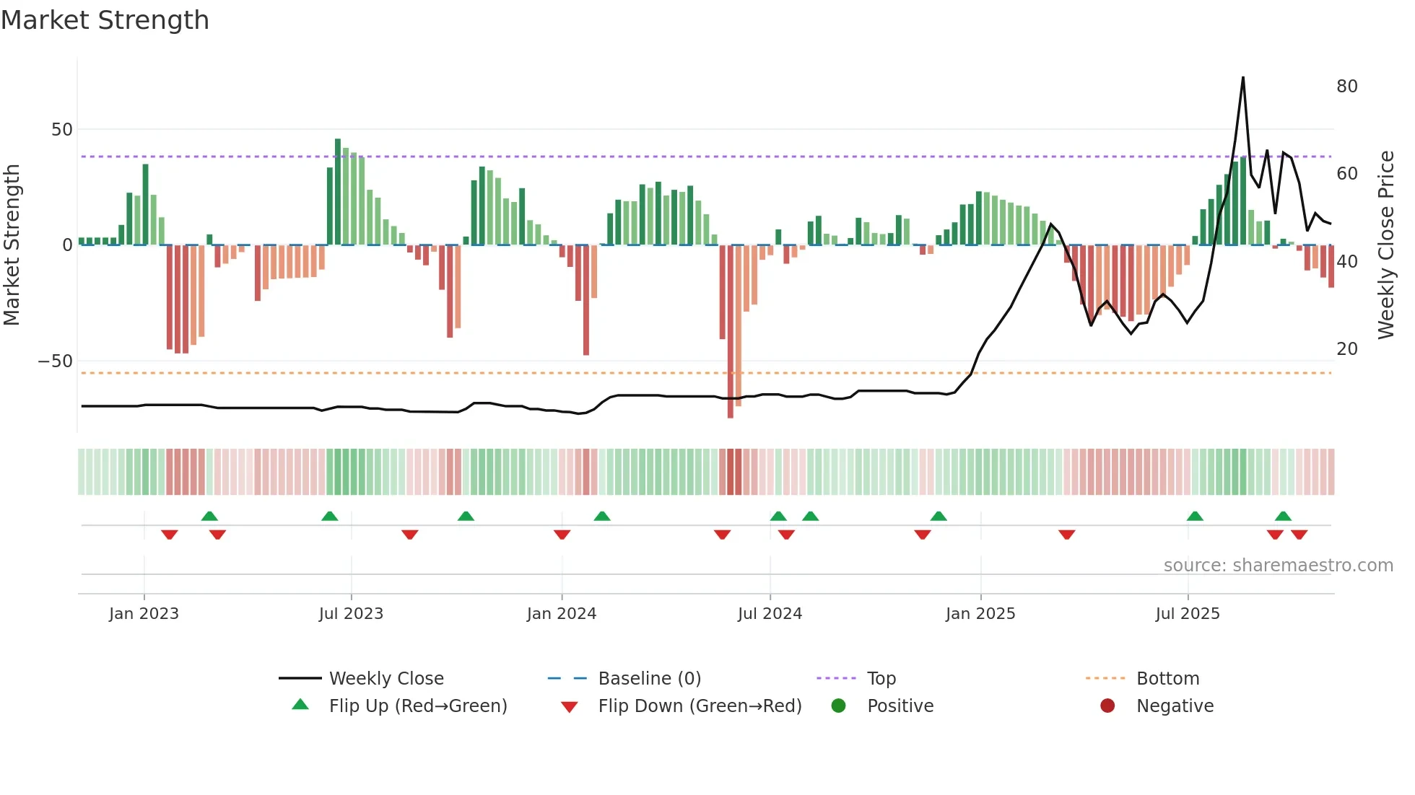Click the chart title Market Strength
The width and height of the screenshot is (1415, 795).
(x=105, y=20)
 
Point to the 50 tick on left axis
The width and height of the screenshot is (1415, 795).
(x=62, y=130)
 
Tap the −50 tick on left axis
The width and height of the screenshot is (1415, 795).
(x=56, y=361)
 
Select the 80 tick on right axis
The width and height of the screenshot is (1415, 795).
(x=1346, y=87)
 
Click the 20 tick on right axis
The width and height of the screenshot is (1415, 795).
(x=1346, y=349)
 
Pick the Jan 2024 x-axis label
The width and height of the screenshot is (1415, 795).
(x=562, y=614)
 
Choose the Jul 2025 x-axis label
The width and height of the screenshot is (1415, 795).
(x=1188, y=614)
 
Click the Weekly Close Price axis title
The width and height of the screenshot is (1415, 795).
(x=1385, y=245)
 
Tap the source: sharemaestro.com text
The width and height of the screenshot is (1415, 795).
(x=1278, y=566)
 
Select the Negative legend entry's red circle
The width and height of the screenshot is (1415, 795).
(x=1107, y=706)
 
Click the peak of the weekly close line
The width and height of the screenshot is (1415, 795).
(x=1243, y=78)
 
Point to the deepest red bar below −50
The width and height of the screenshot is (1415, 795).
(x=731, y=332)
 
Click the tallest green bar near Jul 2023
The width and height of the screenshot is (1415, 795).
(x=338, y=191)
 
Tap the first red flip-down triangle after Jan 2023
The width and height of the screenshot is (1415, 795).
(x=170, y=535)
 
